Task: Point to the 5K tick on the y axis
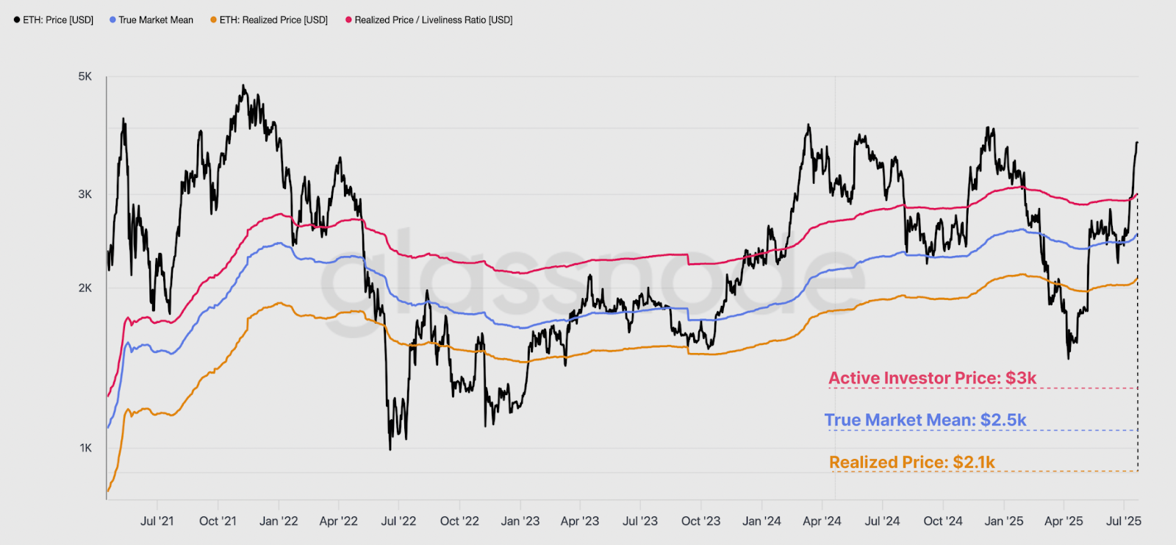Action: coord(85,76)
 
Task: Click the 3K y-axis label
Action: coord(85,194)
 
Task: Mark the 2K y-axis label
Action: coord(85,288)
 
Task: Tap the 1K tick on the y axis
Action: coord(86,448)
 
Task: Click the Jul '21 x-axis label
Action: coord(157,521)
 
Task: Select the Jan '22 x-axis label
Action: coord(279,521)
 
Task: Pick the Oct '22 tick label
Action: coord(459,521)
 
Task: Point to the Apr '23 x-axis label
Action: coord(580,521)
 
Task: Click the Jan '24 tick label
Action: coord(761,521)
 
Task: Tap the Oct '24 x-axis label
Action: coord(943,521)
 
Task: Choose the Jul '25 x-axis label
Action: coord(1124,521)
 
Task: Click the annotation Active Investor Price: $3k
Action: coord(933,378)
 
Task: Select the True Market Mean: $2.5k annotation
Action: coord(925,420)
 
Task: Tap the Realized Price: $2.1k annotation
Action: coord(912,462)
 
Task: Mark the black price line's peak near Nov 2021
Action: coord(243,85)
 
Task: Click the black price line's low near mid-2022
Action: coord(390,449)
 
